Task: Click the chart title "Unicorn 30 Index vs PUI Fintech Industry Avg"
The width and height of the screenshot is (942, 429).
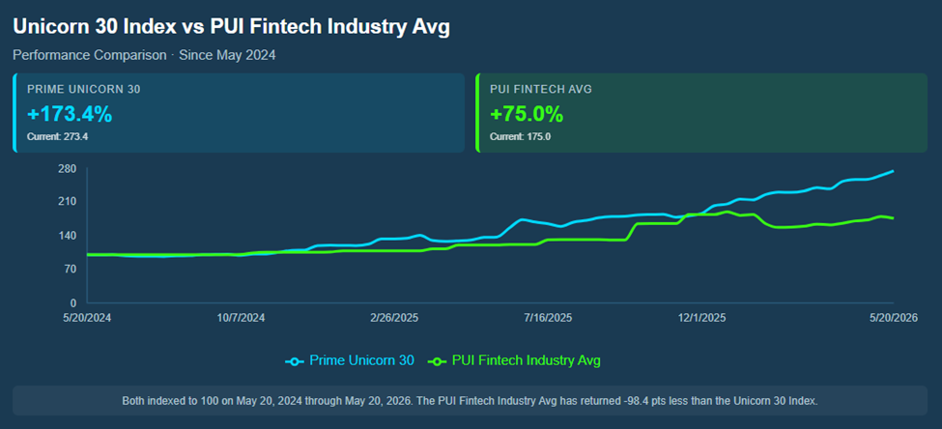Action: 231,28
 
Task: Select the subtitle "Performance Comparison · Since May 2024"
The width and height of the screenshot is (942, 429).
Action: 144,55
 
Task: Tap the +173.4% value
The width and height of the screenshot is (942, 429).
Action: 70,114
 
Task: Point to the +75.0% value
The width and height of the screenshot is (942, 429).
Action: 527,114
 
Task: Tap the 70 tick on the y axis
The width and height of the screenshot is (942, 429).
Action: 71,269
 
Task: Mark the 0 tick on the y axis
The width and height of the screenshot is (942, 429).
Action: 73,302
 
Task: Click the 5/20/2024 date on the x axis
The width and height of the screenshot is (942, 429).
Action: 88,319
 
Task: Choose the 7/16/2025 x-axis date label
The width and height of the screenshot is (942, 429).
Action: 549,319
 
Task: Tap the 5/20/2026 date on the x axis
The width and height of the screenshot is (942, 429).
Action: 894,319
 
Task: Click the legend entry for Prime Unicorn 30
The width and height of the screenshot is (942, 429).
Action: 349,360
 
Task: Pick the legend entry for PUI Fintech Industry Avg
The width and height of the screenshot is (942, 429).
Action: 514,360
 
